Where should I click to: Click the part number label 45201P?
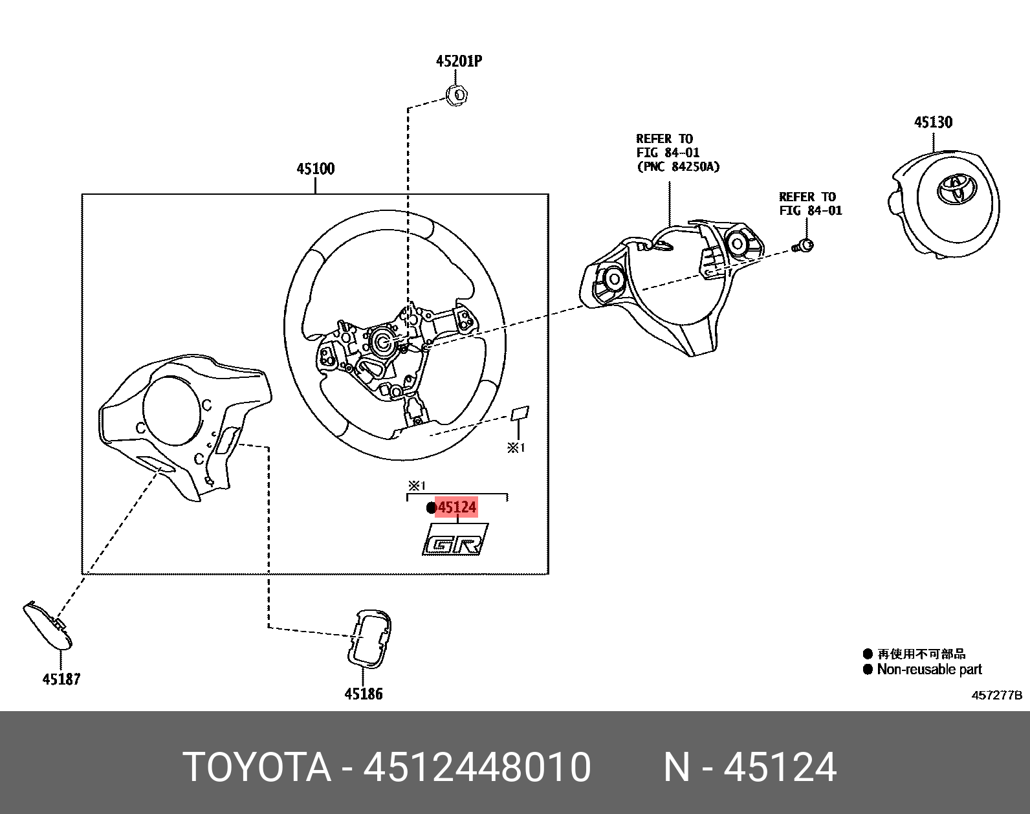(459, 61)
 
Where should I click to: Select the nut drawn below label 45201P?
(458, 95)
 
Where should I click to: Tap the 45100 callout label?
(315, 169)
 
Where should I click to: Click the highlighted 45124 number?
(457, 508)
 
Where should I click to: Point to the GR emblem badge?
(455, 539)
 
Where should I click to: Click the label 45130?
(932, 122)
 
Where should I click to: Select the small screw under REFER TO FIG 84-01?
(804, 246)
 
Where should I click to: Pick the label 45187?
(61, 679)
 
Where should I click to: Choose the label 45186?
(363, 694)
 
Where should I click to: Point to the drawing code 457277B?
(996, 696)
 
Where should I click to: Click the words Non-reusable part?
(929, 670)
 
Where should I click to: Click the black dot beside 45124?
(432, 508)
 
